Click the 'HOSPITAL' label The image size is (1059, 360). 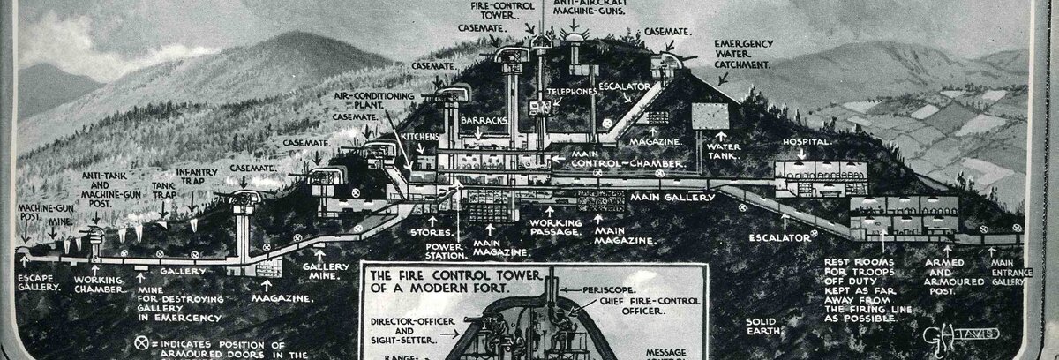[x=805, y=142]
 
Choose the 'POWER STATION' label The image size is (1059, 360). [x=445, y=251]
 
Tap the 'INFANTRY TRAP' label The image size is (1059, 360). [x=196, y=176]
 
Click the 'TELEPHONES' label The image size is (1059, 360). [x=571, y=91]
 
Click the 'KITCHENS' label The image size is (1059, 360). [x=419, y=137]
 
